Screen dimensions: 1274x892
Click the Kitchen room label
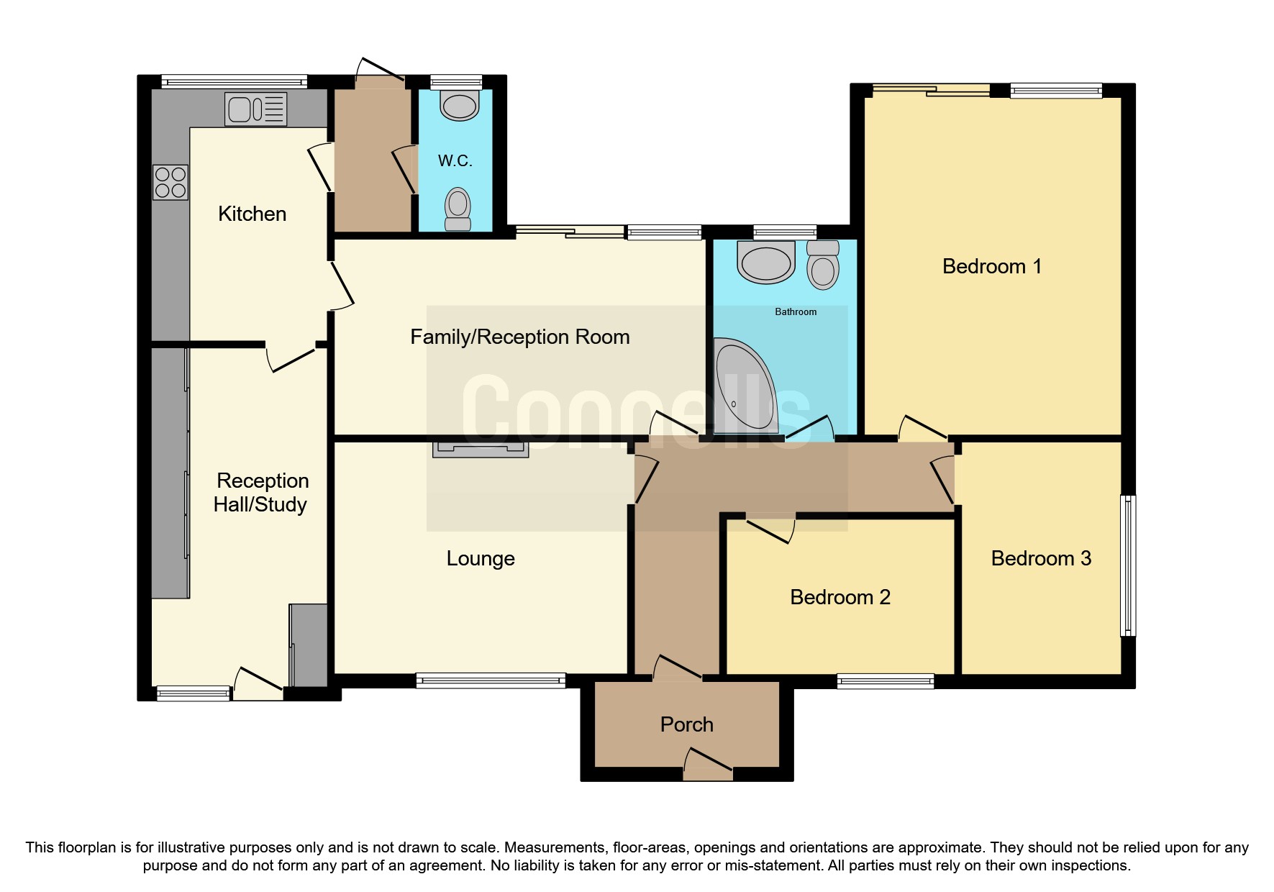pyautogui.click(x=252, y=214)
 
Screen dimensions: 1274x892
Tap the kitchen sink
pyautogui.click(x=255, y=109)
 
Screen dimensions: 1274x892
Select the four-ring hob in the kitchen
pyautogui.click(x=170, y=182)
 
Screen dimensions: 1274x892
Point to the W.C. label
pyautogui.click(x=455, y=160)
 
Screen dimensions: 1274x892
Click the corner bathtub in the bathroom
pyautogui.click(x=745, y=385)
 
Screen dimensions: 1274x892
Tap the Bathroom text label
pyautogui.click(x=796, y=311)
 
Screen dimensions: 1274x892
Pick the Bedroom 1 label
pyautogui.click(x=992, y=266)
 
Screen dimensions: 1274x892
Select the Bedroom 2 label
pyautogui.click(x=840, y=597)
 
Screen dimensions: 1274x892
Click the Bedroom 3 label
pyautogui.click(x=1041, y=558)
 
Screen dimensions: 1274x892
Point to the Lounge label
pyautogui.click(x=481, y=558)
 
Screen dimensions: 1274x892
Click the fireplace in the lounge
pyautogui.click(x=481, y=450)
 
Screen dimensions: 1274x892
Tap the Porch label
pyautogui.click(x=687, y=724)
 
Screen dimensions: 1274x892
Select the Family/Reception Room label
pyautogui.click(x=520, y=337)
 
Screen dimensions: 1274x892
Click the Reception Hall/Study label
pyautogui.click(x=261, y=492)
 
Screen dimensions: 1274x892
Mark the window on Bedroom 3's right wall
pyautogui.click(x=1129, y=565)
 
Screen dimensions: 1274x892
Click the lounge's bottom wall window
pyautogui.click(x=491, y=681)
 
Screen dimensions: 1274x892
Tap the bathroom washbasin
pyautogui.click(x=766, y=262)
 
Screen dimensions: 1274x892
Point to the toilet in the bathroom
pyautogui.click(x=823, y=265)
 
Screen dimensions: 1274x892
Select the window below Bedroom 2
pyautogui.click(x=886, y=681)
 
